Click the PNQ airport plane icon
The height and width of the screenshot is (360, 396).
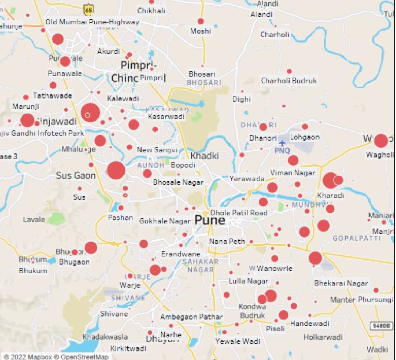(x=282, y=142)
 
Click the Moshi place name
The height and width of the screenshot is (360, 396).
(x=201, y=31)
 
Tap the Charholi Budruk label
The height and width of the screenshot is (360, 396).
(x=288, y=81)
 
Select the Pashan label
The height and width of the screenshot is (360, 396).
(x=120, y=218)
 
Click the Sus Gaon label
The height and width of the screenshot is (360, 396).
(x=76, y=175)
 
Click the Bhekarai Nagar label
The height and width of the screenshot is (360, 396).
(x=341, y=284)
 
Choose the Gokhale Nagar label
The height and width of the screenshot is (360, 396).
(x=165, y=221)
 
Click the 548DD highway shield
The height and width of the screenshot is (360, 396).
(x=381, y=326)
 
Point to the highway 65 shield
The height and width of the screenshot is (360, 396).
(x=88, y=10)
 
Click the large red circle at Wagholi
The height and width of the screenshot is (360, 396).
(x=380, y=141)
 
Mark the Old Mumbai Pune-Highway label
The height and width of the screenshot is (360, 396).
(x=92, y=22)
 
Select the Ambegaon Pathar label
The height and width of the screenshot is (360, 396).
(x=191, y=317)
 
